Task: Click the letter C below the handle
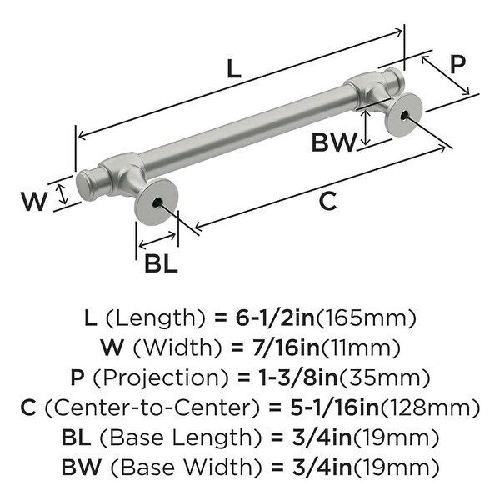[327, 200]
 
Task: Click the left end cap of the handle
[85, 186]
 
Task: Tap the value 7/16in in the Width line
[286, 346]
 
